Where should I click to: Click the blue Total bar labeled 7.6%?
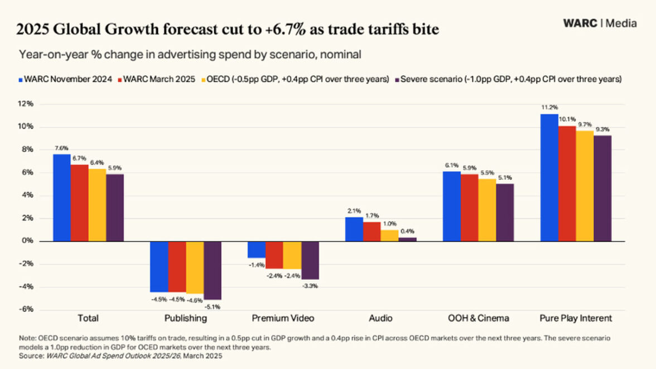[x=62, y=197]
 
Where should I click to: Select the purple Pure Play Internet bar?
[x=602, y=188]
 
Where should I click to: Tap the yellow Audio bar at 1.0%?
[x=390, y=235]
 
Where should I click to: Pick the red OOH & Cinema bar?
[x=469, y=207]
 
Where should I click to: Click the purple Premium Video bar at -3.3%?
[x=310, y=260]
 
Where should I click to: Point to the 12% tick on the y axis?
[x=26, y=104]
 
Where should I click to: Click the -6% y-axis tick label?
[x=26, y=309]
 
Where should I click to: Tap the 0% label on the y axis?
[x=28, y=241]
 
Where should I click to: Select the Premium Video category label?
[x=283, y=318]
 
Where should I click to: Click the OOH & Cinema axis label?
[x=478, y=318]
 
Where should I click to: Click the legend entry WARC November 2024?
[x=65, y=79]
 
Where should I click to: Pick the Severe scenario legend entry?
[x=508, y=79]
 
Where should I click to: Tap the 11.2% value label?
[x=549, y=107]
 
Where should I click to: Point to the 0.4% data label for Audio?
[x=408, y=231]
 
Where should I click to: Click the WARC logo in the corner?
[x=580, y=23]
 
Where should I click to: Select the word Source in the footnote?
[x=30, y=356]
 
